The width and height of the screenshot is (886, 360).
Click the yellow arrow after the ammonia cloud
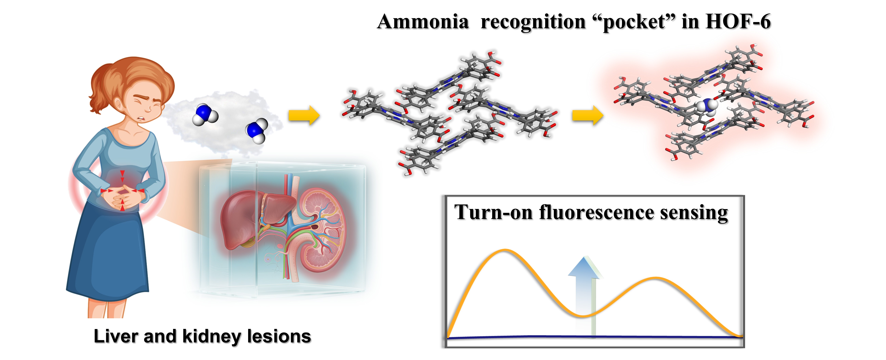tap(303, 115)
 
